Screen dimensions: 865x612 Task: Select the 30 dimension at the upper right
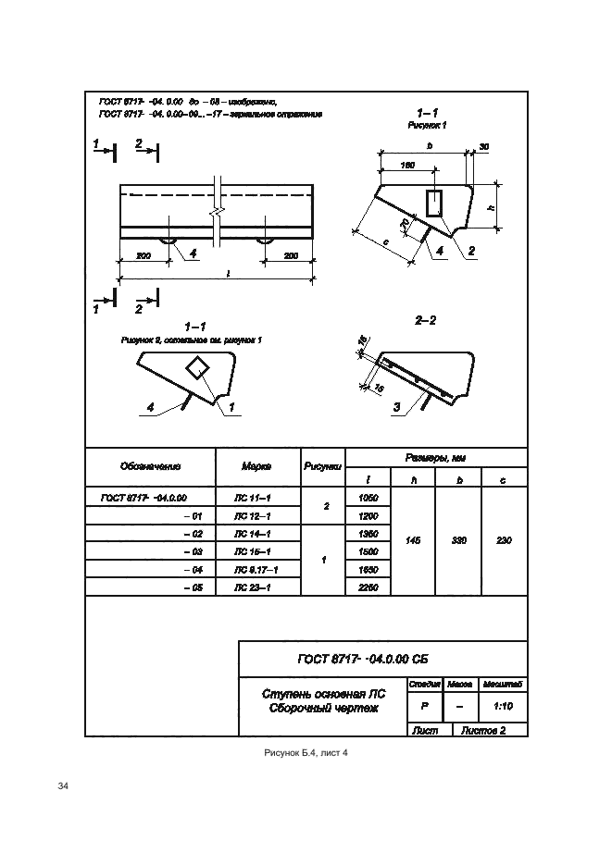click(483, 147)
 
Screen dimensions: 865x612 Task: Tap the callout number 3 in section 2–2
click(396, 405)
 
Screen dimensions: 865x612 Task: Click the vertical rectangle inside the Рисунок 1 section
click(434, 203)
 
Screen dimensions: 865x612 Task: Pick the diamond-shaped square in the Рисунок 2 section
click(198, 367)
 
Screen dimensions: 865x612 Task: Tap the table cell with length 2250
click(368, 587)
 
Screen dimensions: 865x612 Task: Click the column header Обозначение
click(149, 467)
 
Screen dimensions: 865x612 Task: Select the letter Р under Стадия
click(424, 705)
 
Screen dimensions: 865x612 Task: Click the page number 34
click(64, 786)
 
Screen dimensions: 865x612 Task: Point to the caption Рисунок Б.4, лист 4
click(306, 753)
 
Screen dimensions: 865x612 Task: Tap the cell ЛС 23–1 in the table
click(256, 587)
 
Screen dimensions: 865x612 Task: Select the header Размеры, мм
click(435, 458)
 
